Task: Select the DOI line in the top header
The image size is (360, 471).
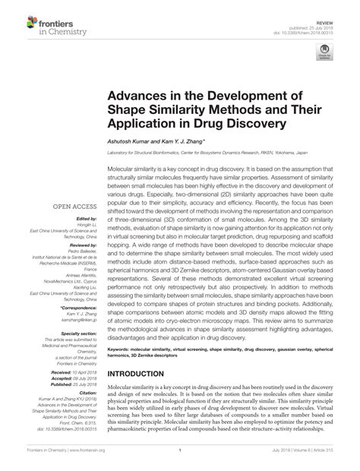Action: tap(311, 18)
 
